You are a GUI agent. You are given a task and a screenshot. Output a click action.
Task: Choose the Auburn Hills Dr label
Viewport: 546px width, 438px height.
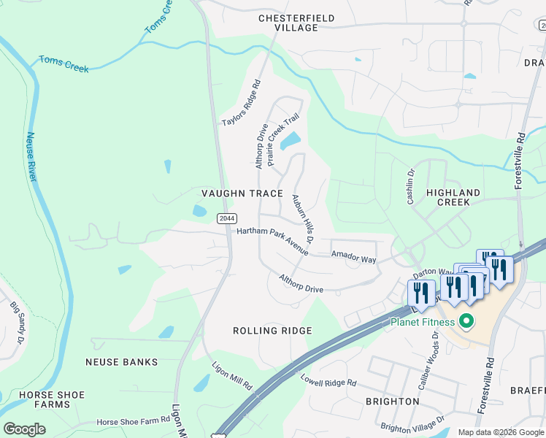click(x=302, y=218)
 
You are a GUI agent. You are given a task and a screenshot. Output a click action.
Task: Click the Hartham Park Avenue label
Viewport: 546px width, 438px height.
click(x=272, y=241)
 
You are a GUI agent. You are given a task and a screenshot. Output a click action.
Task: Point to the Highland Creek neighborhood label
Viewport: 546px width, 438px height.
click(x=453, y=199)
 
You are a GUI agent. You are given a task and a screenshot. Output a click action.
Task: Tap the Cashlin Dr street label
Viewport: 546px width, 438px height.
click(x=410, y=187)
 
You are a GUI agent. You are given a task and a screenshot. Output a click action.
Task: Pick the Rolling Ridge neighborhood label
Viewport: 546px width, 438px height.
click(x=272, y=331)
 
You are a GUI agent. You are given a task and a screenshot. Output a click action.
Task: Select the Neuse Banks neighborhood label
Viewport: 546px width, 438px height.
click(x=121, y=362)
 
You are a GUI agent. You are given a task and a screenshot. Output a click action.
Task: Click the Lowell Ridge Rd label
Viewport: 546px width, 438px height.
click(x=328, y=380)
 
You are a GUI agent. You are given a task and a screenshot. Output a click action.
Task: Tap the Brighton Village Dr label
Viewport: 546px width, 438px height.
click(x=412, y=425)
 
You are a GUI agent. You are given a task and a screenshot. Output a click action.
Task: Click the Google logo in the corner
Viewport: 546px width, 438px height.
click(x=24, y=429)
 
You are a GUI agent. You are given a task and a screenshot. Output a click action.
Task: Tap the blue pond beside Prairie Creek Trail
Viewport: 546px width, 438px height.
click(x=291, y=139)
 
